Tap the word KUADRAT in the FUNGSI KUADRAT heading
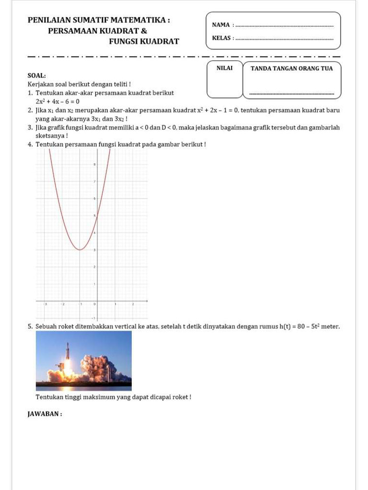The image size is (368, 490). (158, 42)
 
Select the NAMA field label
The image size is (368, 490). (220, 25)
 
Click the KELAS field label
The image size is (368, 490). (221, 38)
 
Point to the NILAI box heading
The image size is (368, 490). (224, 68)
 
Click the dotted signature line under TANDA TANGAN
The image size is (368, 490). (292, 94)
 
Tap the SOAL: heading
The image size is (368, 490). (37, 76)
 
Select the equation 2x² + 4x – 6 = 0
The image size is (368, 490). (57, 101)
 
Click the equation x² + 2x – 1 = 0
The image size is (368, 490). (218, 110)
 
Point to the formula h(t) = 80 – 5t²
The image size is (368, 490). (299, 326)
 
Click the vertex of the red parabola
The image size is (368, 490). (80, 249)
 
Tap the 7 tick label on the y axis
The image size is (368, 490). (95, 182)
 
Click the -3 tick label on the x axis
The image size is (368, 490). (46, 304)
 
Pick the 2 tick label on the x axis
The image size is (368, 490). (133, 304)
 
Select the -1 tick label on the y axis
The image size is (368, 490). (94, 318)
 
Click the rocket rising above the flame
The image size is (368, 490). (68, 352)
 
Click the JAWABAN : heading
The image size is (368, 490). (45, 414)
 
